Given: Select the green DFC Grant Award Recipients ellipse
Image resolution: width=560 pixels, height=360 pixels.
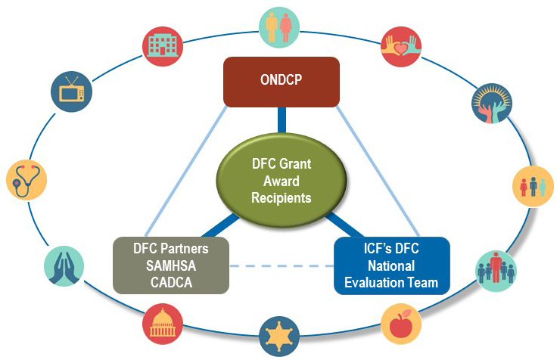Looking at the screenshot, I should (x=282, y=182).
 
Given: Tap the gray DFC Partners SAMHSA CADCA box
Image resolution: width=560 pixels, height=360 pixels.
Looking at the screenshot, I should (x=170, y=265).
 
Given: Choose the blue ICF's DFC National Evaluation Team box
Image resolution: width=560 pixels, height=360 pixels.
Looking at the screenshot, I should (x=391, y=265).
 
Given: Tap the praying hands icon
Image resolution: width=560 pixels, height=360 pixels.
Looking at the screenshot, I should (x=64, y=265).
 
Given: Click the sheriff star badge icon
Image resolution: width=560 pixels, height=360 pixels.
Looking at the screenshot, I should (x=277, y=336).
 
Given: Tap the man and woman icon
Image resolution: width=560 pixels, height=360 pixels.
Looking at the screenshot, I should (x=278, y=26).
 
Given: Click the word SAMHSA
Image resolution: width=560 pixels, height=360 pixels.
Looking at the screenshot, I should (x=170, y=265).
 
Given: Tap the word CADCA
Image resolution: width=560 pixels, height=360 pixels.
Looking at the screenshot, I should (x=170, y=283).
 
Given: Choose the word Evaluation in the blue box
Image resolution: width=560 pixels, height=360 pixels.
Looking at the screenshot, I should (x=376, y=283).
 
